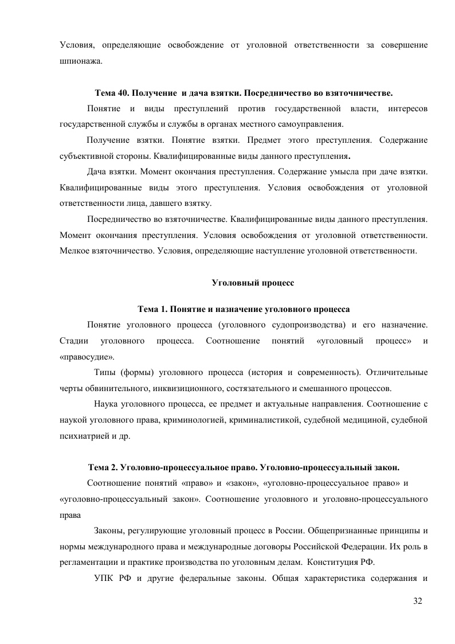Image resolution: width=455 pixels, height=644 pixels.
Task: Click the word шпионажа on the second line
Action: tap(81, 60)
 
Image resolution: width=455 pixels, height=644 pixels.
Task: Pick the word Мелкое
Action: tap(72, 251)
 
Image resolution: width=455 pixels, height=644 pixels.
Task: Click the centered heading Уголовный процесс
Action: tap(244, 283)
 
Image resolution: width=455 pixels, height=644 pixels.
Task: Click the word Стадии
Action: tap(72, 341)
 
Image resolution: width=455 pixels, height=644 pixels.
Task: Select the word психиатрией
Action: tap(82, 436)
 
